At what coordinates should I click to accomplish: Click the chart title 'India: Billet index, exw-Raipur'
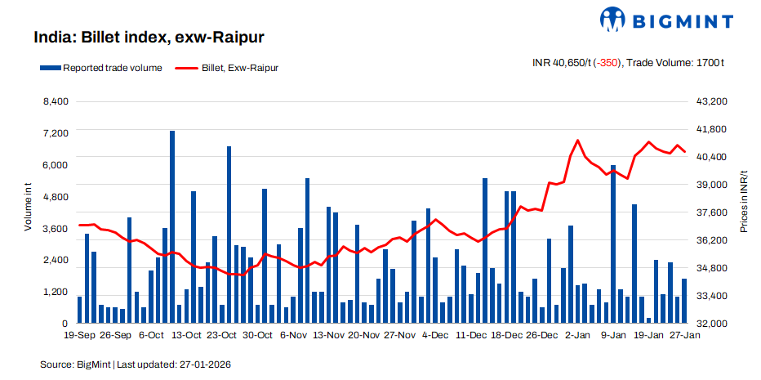[x=148, y=38]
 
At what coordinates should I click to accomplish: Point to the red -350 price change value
[x=606, y=62]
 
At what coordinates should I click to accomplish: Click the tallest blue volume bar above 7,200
[x=172, y=221]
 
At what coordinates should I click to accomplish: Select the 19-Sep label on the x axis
[x=79, y=335]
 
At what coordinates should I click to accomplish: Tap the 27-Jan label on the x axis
[x=684, y=335]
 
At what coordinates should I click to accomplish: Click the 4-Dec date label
[x=434, y=335]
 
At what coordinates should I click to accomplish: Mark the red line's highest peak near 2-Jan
[x=577, y=141]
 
